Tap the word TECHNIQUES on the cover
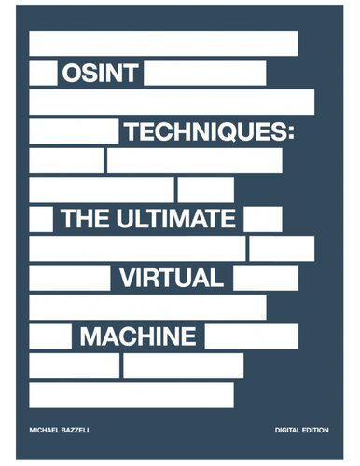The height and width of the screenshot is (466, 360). point(208,132)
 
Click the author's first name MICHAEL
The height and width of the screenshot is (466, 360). point(46,430)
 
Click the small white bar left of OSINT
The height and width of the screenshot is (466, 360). point(43,74)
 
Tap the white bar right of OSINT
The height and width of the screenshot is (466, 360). point(205,74)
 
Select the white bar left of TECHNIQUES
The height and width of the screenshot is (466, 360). point(74,131)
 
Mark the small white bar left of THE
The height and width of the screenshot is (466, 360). point(41,219)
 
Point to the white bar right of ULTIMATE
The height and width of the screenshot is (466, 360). point(262,219)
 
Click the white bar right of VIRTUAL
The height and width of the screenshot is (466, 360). point(265,277)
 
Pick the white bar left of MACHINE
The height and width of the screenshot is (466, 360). point(50,336)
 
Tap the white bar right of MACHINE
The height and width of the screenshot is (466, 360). point(251,336)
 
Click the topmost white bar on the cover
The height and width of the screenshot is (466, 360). point(164,44)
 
